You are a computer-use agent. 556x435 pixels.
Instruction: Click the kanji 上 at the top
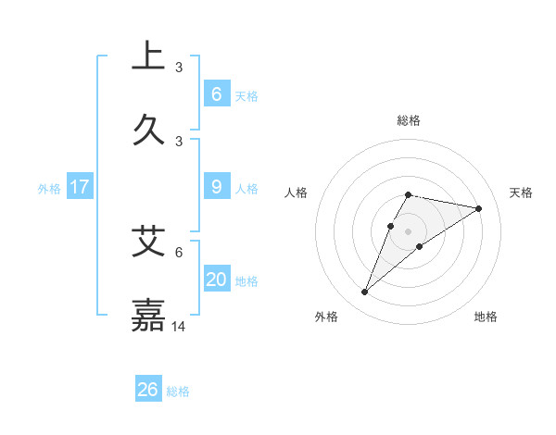(x=148, y=55)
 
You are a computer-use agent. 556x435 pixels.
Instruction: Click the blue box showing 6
(x=216, y=94)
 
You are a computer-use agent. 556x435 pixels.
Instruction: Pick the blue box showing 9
(x=216, y=187)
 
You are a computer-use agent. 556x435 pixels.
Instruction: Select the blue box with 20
(x=216, y=280)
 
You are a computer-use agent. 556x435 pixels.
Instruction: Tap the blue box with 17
(x=80, y=187)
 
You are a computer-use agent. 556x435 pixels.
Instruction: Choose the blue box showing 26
(x=148, y=390)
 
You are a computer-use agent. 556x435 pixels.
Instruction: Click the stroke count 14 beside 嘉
(x=179, y=327)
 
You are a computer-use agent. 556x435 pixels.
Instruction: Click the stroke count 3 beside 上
(x=179, y=68)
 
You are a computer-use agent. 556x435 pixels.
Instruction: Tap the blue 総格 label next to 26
(x=178, y=391)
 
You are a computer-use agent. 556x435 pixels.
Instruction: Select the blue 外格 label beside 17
(x=49, y=189)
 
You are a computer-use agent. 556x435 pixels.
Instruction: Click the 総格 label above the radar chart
(x=409, y=120)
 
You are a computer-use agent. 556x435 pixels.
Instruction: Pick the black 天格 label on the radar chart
(x=522, y=193)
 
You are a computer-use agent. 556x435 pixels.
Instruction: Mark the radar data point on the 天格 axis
(x=479, y=208)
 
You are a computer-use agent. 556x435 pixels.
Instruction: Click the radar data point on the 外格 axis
(x=364, y=292)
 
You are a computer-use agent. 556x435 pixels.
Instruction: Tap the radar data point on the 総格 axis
(x=409, y=194)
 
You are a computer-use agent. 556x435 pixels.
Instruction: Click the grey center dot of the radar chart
(x=409, y=231)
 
